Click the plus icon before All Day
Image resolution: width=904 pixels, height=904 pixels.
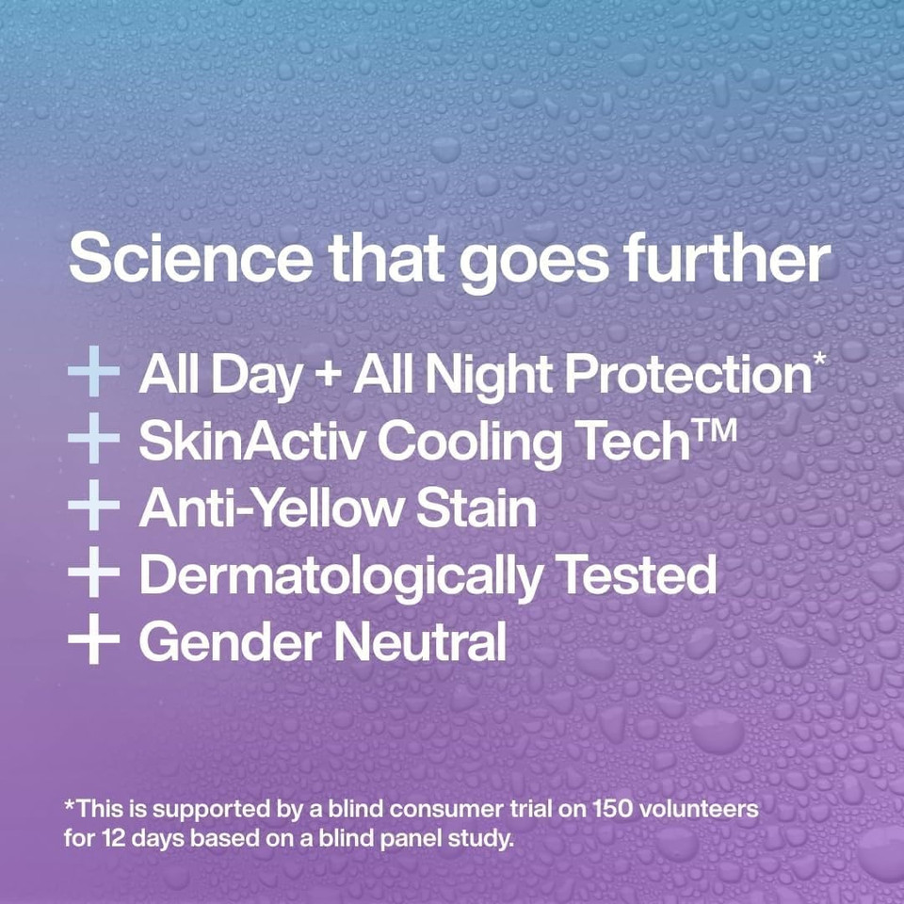(x=93, y=375)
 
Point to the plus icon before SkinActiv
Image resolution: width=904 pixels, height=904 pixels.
(x=93, y=442)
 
